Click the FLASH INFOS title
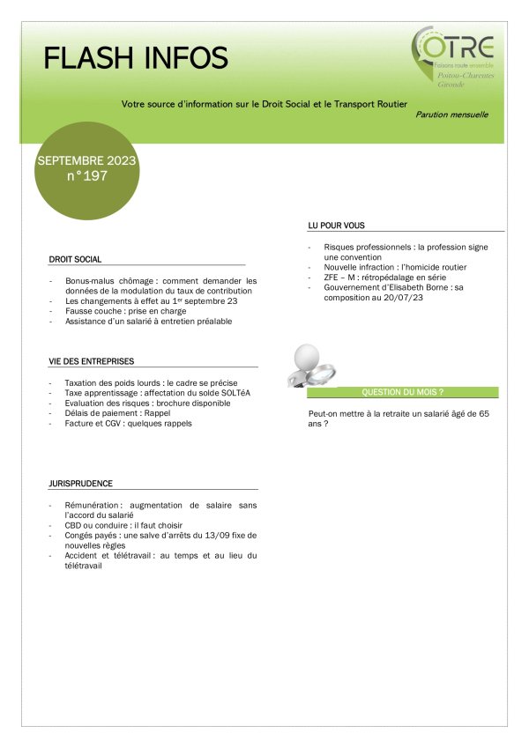tap(136, 58)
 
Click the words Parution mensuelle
tap(451, 115)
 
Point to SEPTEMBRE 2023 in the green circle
tap(86, 161)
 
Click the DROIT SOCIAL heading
tap(76, 260)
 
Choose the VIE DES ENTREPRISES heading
tap(91, 361)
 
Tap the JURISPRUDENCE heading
tap(80, 484)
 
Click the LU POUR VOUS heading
tap(336, 226)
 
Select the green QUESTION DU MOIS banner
tap(402, 392)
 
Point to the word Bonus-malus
tap(91, 281)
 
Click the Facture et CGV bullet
tap(128, 424)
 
